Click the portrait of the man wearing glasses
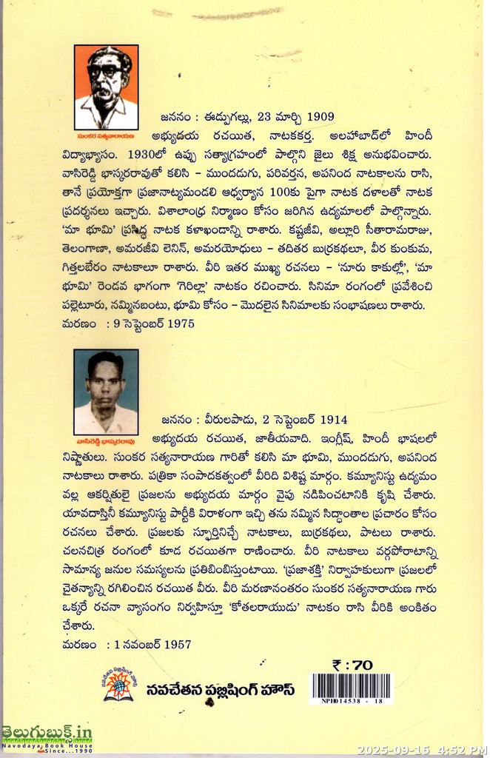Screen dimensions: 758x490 106,87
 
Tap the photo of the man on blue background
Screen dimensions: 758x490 106,392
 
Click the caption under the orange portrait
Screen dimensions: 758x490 106,135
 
